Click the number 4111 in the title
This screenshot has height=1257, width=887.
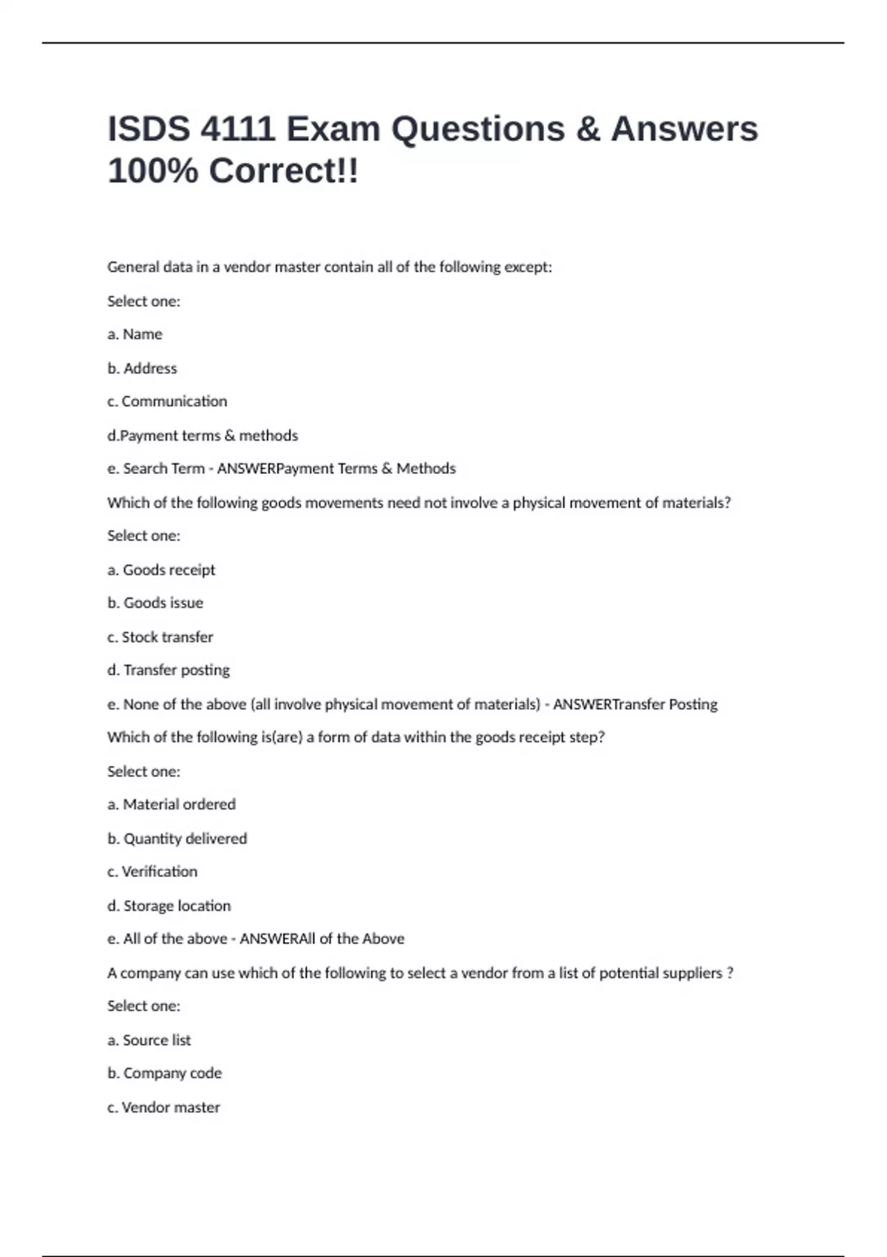pyautogui.click(x=237, y=129)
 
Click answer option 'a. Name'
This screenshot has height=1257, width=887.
pyautogui.click(x=135, y=334)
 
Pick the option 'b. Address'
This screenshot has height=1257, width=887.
pyautogui.click(x=142, y=368)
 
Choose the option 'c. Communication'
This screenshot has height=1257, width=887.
pyautogui.click(x=167, y=402)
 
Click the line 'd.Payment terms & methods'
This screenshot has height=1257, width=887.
pyautogui.click(x=203, y=436)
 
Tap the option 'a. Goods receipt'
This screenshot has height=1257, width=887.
pyautogui.click(x=161, y=570)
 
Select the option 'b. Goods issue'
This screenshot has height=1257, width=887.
pyautogui.click(x=155, y=603)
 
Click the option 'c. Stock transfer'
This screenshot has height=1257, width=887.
pyautogui.click(x=160, y=637)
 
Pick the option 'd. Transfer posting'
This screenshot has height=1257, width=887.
pyautogui.click(x=169, y=671)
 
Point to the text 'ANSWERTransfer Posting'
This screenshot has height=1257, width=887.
pyautogui.click(x=635, y=705)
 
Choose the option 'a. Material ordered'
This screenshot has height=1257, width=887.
pyautogui.click(x=171, y=804)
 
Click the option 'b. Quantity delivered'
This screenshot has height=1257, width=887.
pyautogui.click(x=177, y=838)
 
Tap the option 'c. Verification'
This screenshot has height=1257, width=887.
pyautogui.click(x=152, y=872)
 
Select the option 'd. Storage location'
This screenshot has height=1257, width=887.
pyautogui.click(x=169, y=906)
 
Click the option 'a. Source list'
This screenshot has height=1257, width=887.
pyautogui.click(x=149, y=1040)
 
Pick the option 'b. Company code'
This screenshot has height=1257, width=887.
pyautogui.click(x=164, y=1074)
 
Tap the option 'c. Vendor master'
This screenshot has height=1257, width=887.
pyautogui.click(x=163, y=1108)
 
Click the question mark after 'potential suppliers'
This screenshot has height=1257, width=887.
pyautogui.click(x=730, y=973)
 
